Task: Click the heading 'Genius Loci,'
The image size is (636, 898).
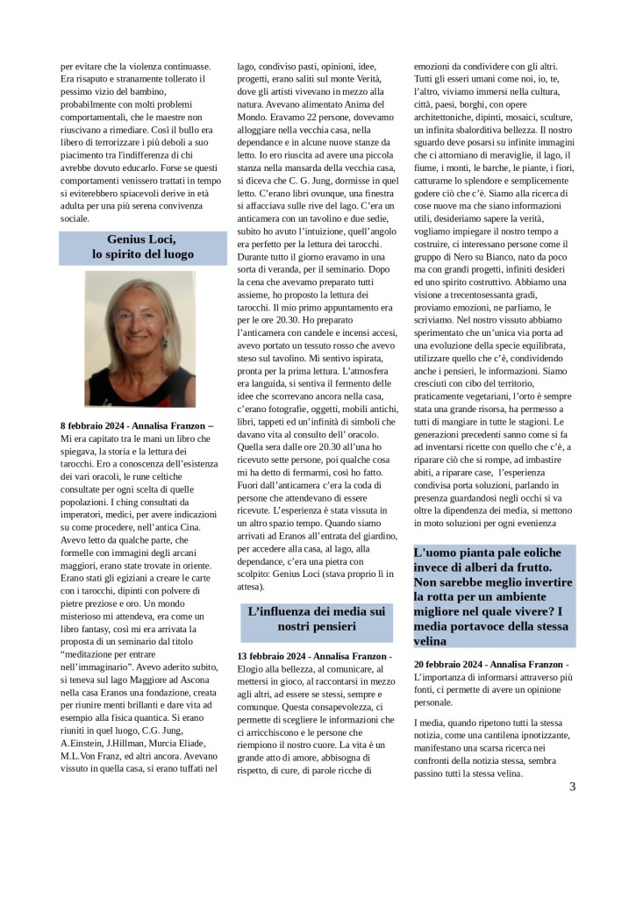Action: (141, 239)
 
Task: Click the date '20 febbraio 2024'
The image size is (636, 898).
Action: (448, 666)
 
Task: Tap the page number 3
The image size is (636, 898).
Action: (572, 786)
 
